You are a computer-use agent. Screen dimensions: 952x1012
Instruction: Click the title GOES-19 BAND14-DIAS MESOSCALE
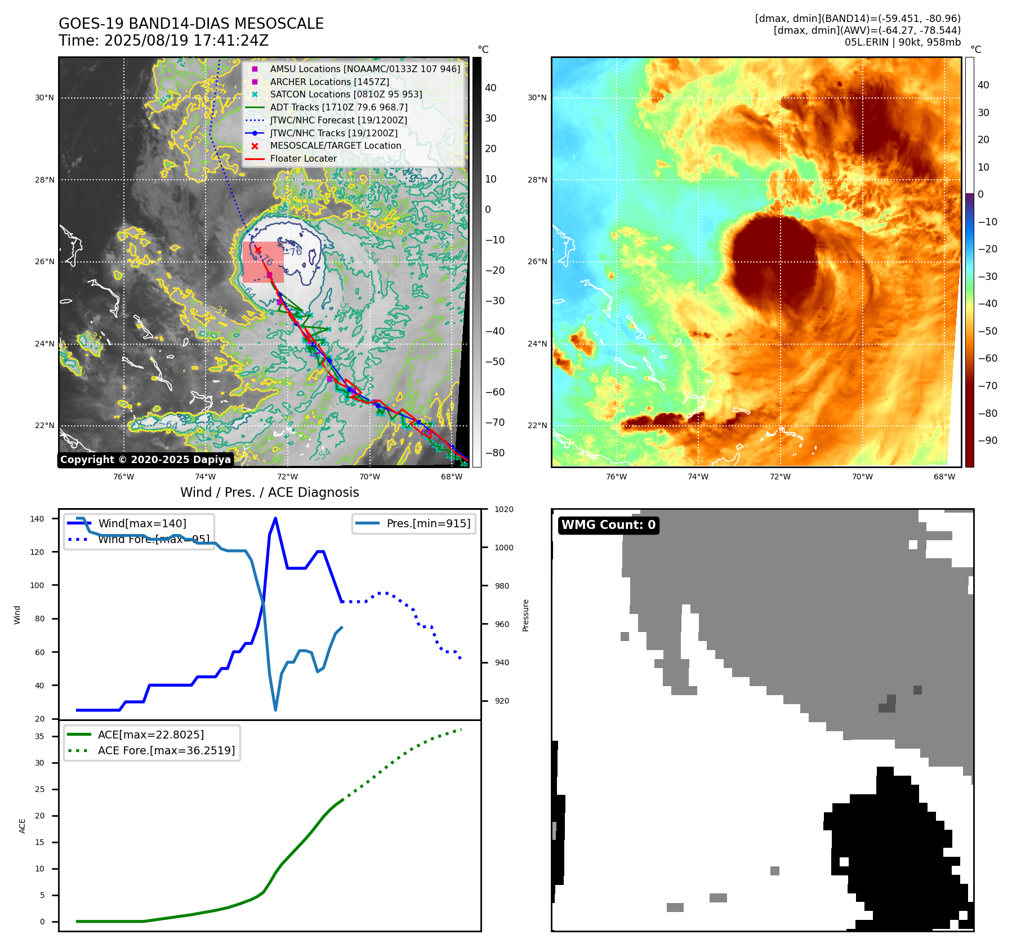click(191, 24)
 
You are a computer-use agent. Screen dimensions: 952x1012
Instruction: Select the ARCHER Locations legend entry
click(329, 82)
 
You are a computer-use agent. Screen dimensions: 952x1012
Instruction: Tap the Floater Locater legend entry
click(303, 158)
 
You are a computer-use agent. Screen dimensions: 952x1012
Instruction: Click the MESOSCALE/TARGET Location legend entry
click(336, 145)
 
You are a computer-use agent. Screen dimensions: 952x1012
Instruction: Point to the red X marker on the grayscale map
click(258, 250)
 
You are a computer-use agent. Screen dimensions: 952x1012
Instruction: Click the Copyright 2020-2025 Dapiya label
click(145, 460)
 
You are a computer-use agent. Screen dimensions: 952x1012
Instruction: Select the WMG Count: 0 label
click(608, 525)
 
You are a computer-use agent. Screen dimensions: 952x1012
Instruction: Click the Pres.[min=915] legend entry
click(428, 523)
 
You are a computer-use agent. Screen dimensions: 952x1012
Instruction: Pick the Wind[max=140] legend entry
click(142, 523)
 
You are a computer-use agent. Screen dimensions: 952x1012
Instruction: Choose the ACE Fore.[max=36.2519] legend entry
click(166, 750)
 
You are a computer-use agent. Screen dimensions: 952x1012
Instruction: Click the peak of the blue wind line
click(275, 518)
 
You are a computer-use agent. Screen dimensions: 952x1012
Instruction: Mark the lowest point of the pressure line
click(275, 710)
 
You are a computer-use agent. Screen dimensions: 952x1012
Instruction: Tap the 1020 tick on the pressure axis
click(503, 509)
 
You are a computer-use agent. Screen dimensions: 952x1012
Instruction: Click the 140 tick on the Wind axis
click(37, 519)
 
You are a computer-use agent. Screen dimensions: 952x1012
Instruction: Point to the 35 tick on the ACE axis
click(39, 736)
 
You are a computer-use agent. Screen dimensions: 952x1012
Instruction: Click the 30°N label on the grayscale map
click(44, 97)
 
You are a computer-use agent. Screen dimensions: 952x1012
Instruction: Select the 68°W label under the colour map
click(944, 477)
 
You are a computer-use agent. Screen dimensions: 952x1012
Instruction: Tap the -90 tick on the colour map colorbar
click(987, 441)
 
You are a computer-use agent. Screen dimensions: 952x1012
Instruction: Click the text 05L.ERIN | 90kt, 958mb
click(902, 42)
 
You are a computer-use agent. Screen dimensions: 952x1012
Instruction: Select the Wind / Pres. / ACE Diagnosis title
click(269, 492)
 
